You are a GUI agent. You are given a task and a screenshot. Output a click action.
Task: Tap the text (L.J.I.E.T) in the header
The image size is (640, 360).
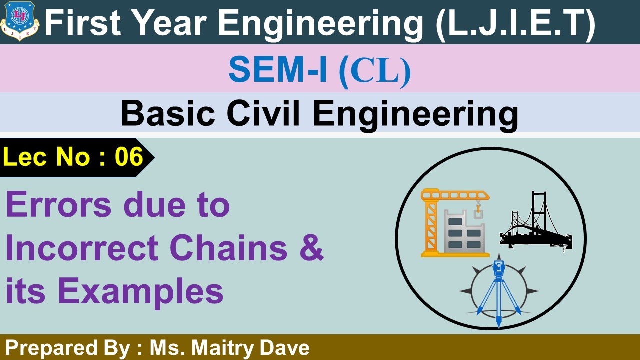515,23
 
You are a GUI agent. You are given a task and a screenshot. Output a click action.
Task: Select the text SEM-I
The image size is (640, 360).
278,70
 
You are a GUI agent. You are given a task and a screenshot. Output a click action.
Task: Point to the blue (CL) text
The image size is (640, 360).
375,71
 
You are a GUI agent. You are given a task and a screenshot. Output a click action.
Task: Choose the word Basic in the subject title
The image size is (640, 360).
165,114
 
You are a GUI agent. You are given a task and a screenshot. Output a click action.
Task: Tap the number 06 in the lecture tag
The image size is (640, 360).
129,157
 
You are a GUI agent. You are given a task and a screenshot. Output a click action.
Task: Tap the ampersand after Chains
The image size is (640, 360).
313,249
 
